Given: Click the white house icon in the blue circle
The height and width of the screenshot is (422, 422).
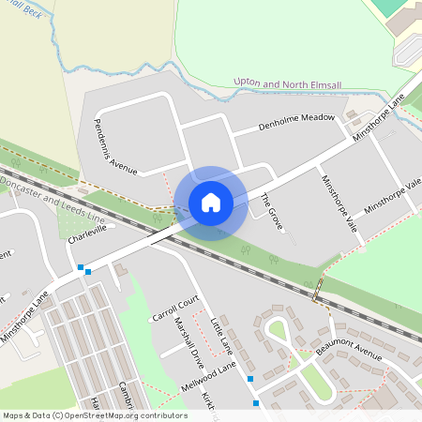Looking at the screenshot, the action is click(211, 203).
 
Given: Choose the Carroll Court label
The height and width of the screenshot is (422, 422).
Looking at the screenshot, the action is click(175, 309).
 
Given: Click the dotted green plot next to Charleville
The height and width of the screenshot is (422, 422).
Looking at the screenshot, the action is click(71, 221).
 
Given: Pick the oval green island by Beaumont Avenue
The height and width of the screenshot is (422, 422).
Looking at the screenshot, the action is click(278, 330).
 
